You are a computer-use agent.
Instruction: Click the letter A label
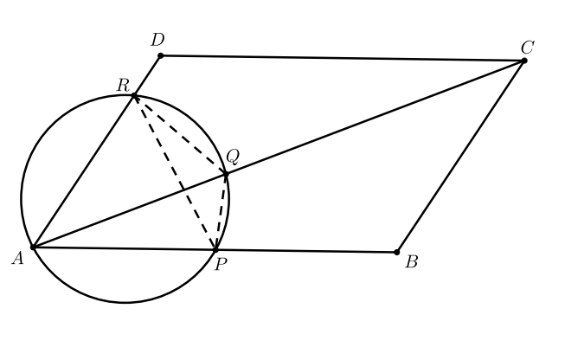pos(16,256)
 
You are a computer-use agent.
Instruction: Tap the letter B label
pos(412,262)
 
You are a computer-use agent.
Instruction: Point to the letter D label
pos(157,40)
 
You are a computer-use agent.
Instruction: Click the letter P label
pos(221,265)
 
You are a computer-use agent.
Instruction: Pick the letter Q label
pos(232,157)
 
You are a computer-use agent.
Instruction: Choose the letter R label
pos(123,84)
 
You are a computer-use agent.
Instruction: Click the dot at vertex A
pos(32,247)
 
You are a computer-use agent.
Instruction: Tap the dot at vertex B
pos(397,252)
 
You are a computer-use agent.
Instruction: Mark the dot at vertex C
pos(523,61)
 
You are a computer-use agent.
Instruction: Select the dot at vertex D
pos(160,56)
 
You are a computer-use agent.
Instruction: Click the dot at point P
pos(215,250)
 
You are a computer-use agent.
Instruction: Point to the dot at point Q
pos(226,175)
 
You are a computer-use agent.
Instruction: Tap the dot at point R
pos(134,96)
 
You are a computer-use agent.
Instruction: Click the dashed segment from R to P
pos(175,173)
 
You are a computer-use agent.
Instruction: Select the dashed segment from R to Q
pos(180,135)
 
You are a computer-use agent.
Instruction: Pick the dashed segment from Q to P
pos(223,212)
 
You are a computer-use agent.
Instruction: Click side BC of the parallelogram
pos(460,156)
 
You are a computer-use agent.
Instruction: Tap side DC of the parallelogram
pos(342,58)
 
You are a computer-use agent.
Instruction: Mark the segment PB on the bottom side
pos(306,251)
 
